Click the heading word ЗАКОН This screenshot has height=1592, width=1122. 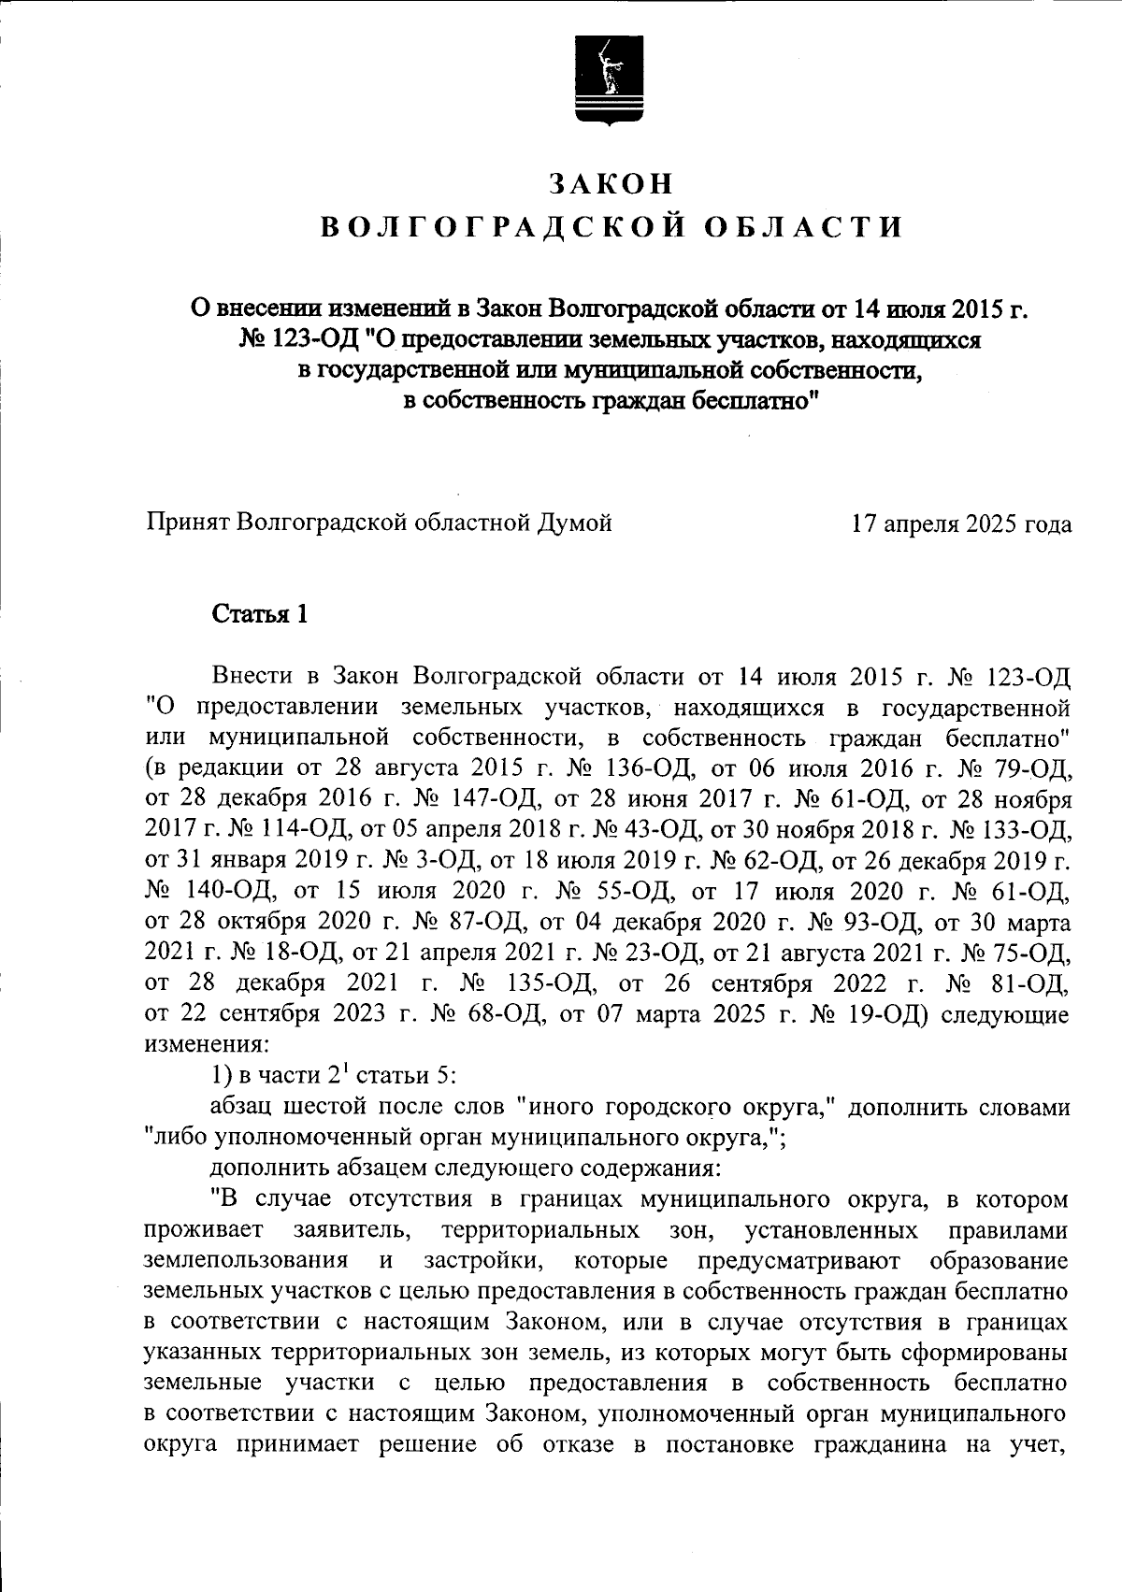pos(611,184)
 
